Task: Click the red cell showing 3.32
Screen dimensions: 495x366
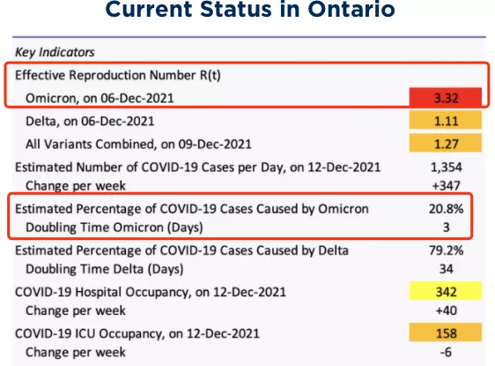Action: (x=446, y=97)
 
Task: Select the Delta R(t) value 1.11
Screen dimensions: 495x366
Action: (x=446, y=120)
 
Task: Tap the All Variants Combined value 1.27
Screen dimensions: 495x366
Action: (x=446, y=143)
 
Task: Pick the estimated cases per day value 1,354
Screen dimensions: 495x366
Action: (x=446, y=167)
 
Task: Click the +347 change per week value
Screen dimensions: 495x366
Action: (x=446, y=185)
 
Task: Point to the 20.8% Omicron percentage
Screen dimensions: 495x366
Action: (x=446, y=209)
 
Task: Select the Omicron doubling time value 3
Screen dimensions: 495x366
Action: (x=446, y=228)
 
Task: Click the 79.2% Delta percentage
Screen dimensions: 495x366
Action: (x=446, y=250)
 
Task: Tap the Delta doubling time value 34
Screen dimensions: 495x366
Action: (x=446, y=269)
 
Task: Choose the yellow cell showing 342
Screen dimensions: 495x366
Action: (x=446, y=291)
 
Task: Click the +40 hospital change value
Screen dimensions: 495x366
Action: (x=446, y=310)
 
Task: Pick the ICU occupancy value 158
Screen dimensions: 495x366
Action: (x=446, y=332)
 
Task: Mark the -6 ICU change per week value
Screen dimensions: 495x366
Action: (x=446, y=352)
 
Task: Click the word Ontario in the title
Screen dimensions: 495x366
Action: (x=351, y=9)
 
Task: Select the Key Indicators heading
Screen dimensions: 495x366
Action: (x=55, y=52)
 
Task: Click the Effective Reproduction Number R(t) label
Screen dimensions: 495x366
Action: (x=118, y=75)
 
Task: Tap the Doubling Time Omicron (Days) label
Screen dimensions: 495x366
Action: (x=115, y=228)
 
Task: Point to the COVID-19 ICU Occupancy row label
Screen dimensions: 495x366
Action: (x=137, y=333)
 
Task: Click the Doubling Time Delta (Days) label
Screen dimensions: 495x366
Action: (x=105, y=269)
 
